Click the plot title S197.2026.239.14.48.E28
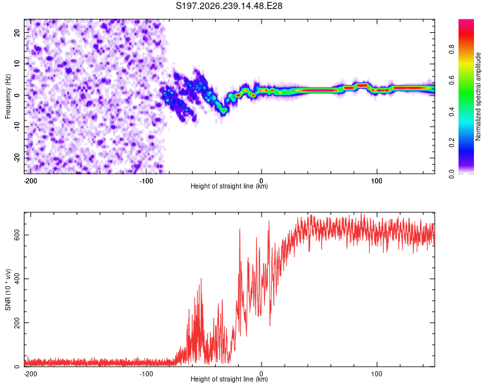click(x=229, y=6)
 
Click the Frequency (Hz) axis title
click(x=8, y=96)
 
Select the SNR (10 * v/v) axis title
click(x=8, y=289)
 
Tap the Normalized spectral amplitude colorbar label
click(x=478, y=96)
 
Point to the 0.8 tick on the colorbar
click(x=451, y=49)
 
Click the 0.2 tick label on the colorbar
click(x=451, y=143)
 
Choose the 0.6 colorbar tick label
click(x=451, y=80)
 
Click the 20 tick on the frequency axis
click(x=17, y=33)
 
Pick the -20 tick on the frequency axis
click(x=17, y=158)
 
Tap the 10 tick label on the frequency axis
click(x=17, y=64)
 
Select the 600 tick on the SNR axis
click(x=17, y=235)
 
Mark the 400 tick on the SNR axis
click(x=17, y=279)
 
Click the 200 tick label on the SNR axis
click(x=17, y=322)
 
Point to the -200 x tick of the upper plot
click(x=30, y=181)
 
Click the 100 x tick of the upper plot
click(x=377, y=181)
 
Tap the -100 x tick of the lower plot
click(x=146, y=374)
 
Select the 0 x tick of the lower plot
click(x=261, y=374)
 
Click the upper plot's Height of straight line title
click(x=229, y=186)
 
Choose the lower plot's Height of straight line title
click(x=229, y=379)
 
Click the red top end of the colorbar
click(x=466, y=21)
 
